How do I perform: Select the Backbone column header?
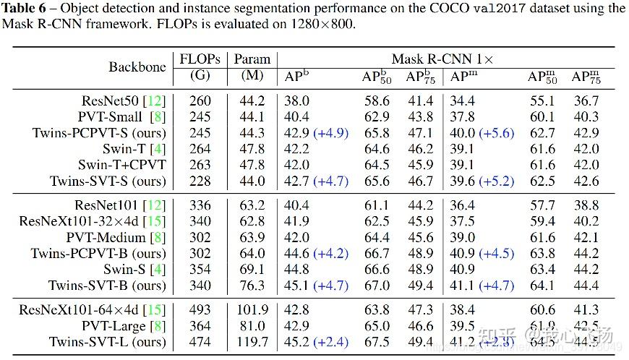137,67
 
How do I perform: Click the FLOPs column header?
199,59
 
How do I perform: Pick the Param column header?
252,59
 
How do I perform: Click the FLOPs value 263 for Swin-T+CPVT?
199,166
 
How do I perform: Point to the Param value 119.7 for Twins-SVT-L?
252,342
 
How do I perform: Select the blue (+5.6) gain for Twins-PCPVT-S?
497,134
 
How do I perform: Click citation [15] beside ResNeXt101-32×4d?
155,222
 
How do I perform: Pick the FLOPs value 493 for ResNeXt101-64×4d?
199,310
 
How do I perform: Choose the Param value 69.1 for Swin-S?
252,270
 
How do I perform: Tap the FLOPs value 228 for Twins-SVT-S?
199,181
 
